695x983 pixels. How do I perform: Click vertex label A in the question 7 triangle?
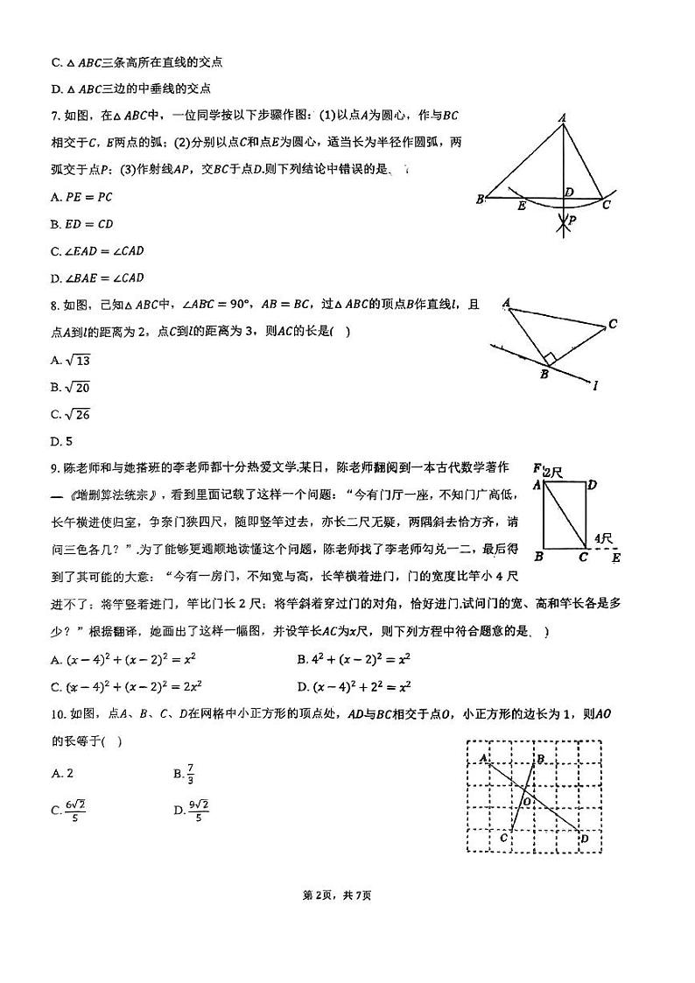[x=562, y=118]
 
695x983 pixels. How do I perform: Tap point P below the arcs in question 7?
[x=571, y=221]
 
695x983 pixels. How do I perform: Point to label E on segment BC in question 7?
[x=522, y=207]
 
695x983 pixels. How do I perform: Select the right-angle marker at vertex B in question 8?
[x=549, y=359]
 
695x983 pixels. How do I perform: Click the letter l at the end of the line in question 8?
[x=595, y=384]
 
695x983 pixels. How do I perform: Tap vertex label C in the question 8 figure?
[x=613, y=324]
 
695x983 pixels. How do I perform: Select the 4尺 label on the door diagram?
[x=602, y=538]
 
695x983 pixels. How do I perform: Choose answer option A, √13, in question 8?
[x=71, y=360]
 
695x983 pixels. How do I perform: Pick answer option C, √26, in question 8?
[x=71, y=414]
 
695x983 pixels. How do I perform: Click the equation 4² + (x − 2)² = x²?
[x=354, y=659]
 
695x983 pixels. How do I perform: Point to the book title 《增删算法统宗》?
[x=114, y=495]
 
